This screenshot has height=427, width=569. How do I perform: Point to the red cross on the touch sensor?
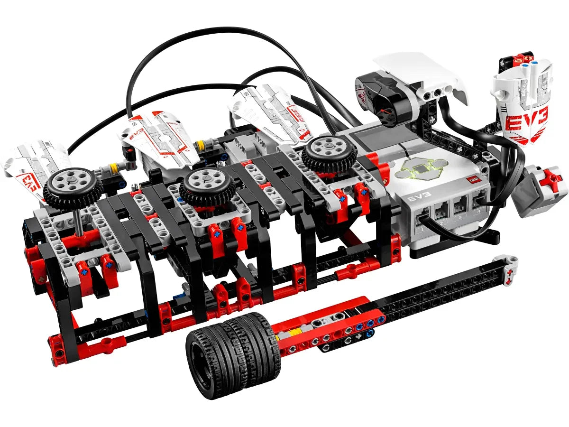pyautogui.click(x=553, y=180)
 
